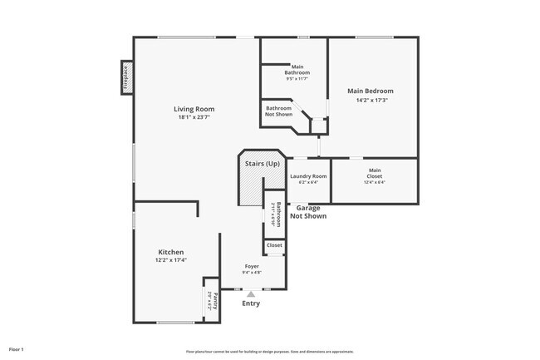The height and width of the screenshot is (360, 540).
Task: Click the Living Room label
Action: (194, 109)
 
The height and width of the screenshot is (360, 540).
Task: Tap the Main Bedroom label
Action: (371, 91)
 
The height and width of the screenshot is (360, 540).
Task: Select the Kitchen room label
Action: (170, 252)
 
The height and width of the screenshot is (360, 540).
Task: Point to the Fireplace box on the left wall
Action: (126, 78)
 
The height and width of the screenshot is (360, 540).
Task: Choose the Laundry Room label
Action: (307, 176)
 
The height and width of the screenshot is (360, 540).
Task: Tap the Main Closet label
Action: (375, 174)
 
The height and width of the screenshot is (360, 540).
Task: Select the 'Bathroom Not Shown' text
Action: (278, 111)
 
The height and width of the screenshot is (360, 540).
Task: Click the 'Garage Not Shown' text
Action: (307, 212)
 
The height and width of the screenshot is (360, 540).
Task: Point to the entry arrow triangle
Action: (251, 293)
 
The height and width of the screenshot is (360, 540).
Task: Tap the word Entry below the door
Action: (251, 303)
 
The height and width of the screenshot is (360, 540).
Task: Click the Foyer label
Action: (251, 266)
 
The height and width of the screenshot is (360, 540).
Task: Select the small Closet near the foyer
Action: (274, 245)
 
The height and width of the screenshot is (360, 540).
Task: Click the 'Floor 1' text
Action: (16, 349)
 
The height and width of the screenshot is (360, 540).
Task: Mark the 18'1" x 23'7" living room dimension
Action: (194, 117)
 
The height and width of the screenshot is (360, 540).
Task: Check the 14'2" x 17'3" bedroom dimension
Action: (371, 100)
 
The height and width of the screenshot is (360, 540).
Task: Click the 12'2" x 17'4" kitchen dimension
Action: (170, 260)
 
